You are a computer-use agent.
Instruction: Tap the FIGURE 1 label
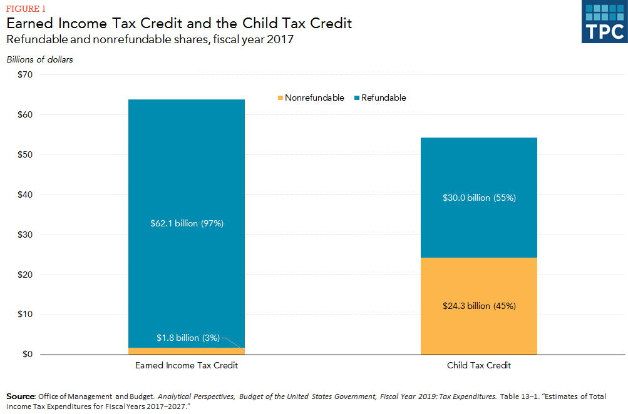(26, 8)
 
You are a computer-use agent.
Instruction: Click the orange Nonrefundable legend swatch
(279, 98)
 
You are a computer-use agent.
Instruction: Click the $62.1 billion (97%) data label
(187, 223)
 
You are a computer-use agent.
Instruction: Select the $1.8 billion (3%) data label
(188, 338)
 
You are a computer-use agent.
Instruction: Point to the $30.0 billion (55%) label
(479, 198)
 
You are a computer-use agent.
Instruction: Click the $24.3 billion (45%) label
(479, 306)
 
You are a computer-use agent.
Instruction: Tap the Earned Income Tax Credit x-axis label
(187, 365)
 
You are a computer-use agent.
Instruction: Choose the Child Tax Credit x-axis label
(479, 365)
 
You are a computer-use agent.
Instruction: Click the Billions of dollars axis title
(40, 60)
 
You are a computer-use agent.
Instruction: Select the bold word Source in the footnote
(20, 396)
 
